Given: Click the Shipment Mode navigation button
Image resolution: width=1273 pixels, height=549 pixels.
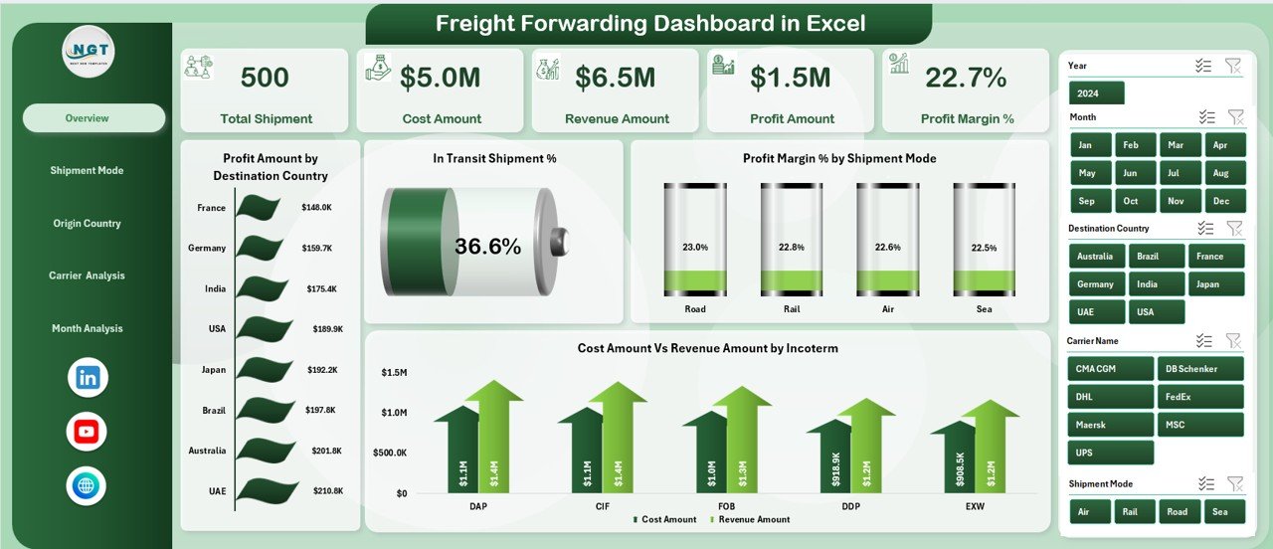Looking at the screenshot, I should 88,171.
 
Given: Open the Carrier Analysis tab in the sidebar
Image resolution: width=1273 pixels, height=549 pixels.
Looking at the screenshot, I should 88,275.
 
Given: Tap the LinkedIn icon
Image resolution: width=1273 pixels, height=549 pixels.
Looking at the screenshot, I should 88,378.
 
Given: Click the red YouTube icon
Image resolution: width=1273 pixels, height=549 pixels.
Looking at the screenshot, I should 87,432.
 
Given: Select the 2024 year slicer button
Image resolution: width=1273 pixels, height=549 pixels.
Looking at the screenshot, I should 1096,93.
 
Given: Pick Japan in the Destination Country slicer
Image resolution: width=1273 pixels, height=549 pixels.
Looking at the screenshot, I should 1215,283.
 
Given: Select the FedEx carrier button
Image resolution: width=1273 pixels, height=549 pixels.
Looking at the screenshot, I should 1199,397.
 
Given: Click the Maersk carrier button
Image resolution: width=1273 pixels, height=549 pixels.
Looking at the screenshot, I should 1110,425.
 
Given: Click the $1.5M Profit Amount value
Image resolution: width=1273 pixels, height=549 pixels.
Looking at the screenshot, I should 791,78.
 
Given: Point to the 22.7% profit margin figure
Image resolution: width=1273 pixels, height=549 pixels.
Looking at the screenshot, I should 966,78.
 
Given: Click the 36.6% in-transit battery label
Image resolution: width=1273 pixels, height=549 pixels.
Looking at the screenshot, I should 487,248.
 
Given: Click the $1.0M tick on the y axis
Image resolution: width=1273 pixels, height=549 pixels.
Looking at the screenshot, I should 393,413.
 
